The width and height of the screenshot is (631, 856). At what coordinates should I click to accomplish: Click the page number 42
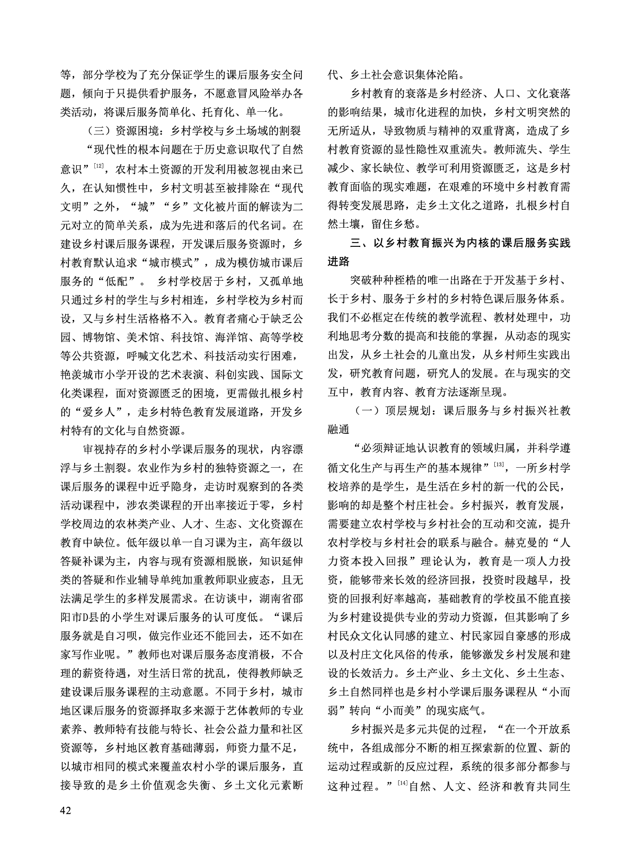[67, 810]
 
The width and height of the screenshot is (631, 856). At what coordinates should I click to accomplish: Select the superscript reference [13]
[499, 465]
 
